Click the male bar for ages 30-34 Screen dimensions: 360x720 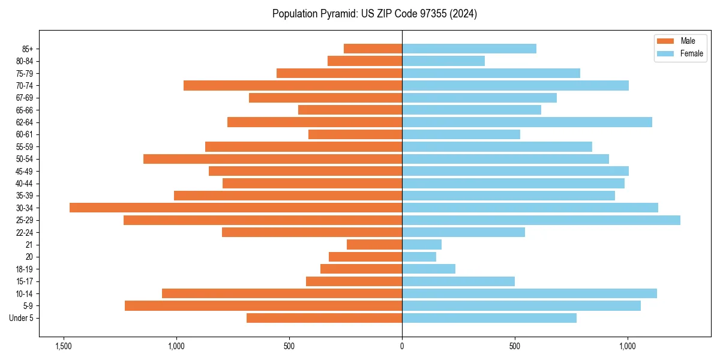pyautogui.click(x=236, y=208)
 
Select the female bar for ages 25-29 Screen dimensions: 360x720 pyautogui.click(x=541, y=220)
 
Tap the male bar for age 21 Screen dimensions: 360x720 pyautogui.click(x=374, y=245)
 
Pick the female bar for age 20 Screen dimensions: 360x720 pyautogui.click(x=419, y=257)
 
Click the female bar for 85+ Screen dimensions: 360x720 pyautogui.click(x=469, y=49)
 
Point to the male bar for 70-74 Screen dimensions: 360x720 pyautogui.click(x=293, y=85)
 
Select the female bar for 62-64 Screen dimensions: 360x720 pyautogui.click(x=527, y=122)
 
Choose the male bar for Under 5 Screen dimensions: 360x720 pyautogui.click(x=324, y=318)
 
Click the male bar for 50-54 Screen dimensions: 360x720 pyautogui.click(x=272, y=159)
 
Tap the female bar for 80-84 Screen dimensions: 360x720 pyautogui.click(x=443, y=61)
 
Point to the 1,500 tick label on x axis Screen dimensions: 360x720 pyautogui.click(x=63, y=346)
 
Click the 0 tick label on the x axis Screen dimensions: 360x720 pyautogui.click(x=402, y=346)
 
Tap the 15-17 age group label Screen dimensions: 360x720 pyautogui.click(x=24, y=281)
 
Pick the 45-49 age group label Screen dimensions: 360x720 pyautogui.click(x=24, y=171)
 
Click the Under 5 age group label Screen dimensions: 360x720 pyautogui.click(x=21, y=318)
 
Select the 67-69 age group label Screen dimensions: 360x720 pyautogui.click(x=24, y=98)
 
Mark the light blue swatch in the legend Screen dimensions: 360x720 pyautogui.click(x=666, y=53)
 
